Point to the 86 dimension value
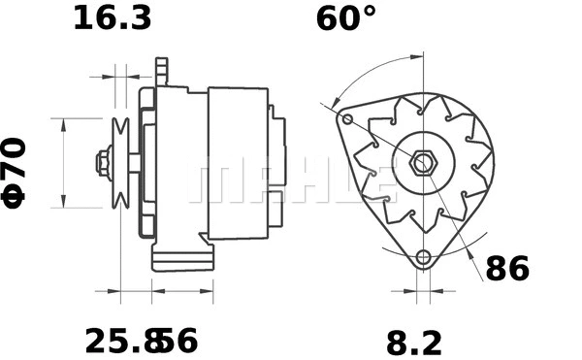pyautogui.click(x=506, y=269)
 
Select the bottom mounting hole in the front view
pyautogui.click(x=422, y=258)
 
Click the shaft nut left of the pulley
pyautogui.click(x=102, y=162)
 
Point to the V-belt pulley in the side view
pyautogui.click(x=122, y=162)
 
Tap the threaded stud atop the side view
pyautogui.click(x=162, y=70)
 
